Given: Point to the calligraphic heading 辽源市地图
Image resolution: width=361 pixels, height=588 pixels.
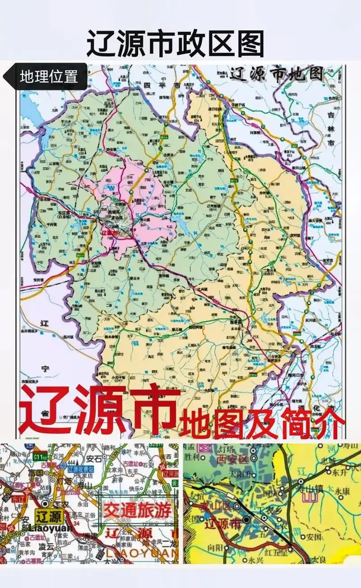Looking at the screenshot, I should click(276, 73).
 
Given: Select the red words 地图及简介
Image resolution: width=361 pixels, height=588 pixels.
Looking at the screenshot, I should click(262, 423).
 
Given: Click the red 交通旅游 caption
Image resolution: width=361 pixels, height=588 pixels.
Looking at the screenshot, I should click(138, 510).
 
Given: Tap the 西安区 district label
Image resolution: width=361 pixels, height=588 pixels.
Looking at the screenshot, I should click(220, 460).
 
